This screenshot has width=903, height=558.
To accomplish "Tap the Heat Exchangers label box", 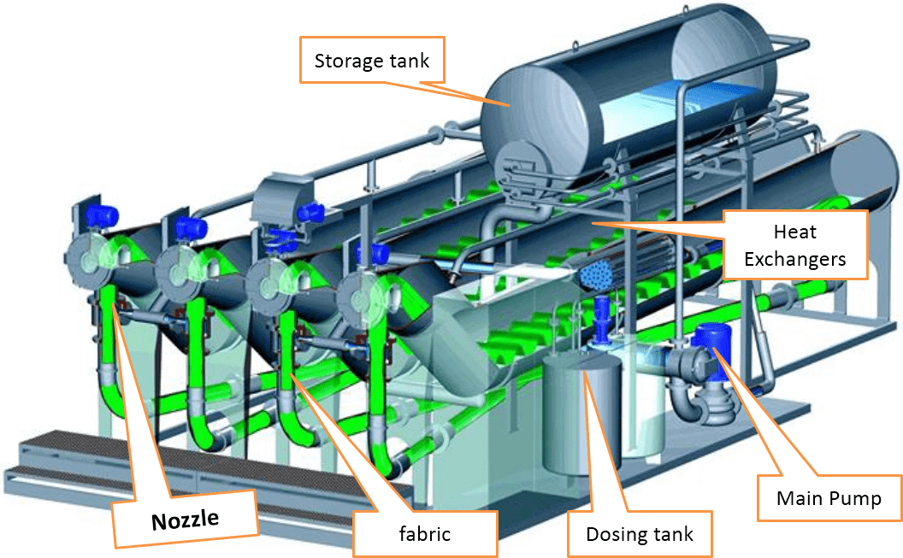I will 795,244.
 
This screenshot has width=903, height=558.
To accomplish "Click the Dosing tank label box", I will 639,534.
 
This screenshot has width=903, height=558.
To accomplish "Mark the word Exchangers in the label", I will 795,257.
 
